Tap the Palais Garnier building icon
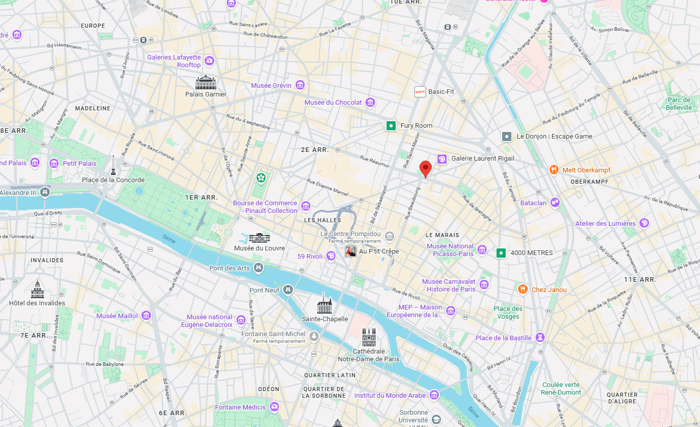(x=206, y=82)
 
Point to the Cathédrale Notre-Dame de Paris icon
(x=369, y=337)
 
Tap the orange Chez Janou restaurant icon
(x=523, y=289)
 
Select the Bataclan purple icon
(x=555, y=203)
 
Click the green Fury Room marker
(x=391, y=125)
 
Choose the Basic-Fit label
(x=441, y=91)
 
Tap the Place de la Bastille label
(x=503, y=338)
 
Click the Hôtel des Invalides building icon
(x=37, y=290)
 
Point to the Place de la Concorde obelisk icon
(x=113, y=165)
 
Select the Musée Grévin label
(x=271, y=85)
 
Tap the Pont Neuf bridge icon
(x=288, y=290)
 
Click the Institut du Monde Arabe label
(x=390, y=395)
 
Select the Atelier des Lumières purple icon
(x=644, y=223)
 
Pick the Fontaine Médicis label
(x=240, y=407)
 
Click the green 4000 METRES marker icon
(x=501, y=253)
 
